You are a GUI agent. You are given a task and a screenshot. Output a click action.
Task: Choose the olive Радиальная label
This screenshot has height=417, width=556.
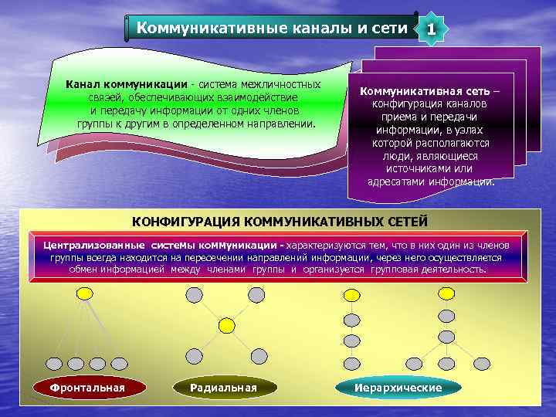[223, 387]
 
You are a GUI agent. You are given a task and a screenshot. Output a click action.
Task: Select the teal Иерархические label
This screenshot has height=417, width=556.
[398, 387]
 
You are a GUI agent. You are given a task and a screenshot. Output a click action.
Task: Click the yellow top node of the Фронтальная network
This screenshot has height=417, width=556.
[83, 293]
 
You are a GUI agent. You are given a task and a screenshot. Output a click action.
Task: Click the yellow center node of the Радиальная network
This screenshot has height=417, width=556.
[225, 326]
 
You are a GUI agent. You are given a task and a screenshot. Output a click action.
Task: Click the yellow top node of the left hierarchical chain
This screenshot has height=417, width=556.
[351, 294]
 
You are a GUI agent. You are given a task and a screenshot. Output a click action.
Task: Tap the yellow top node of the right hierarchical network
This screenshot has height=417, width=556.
[446, 293]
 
